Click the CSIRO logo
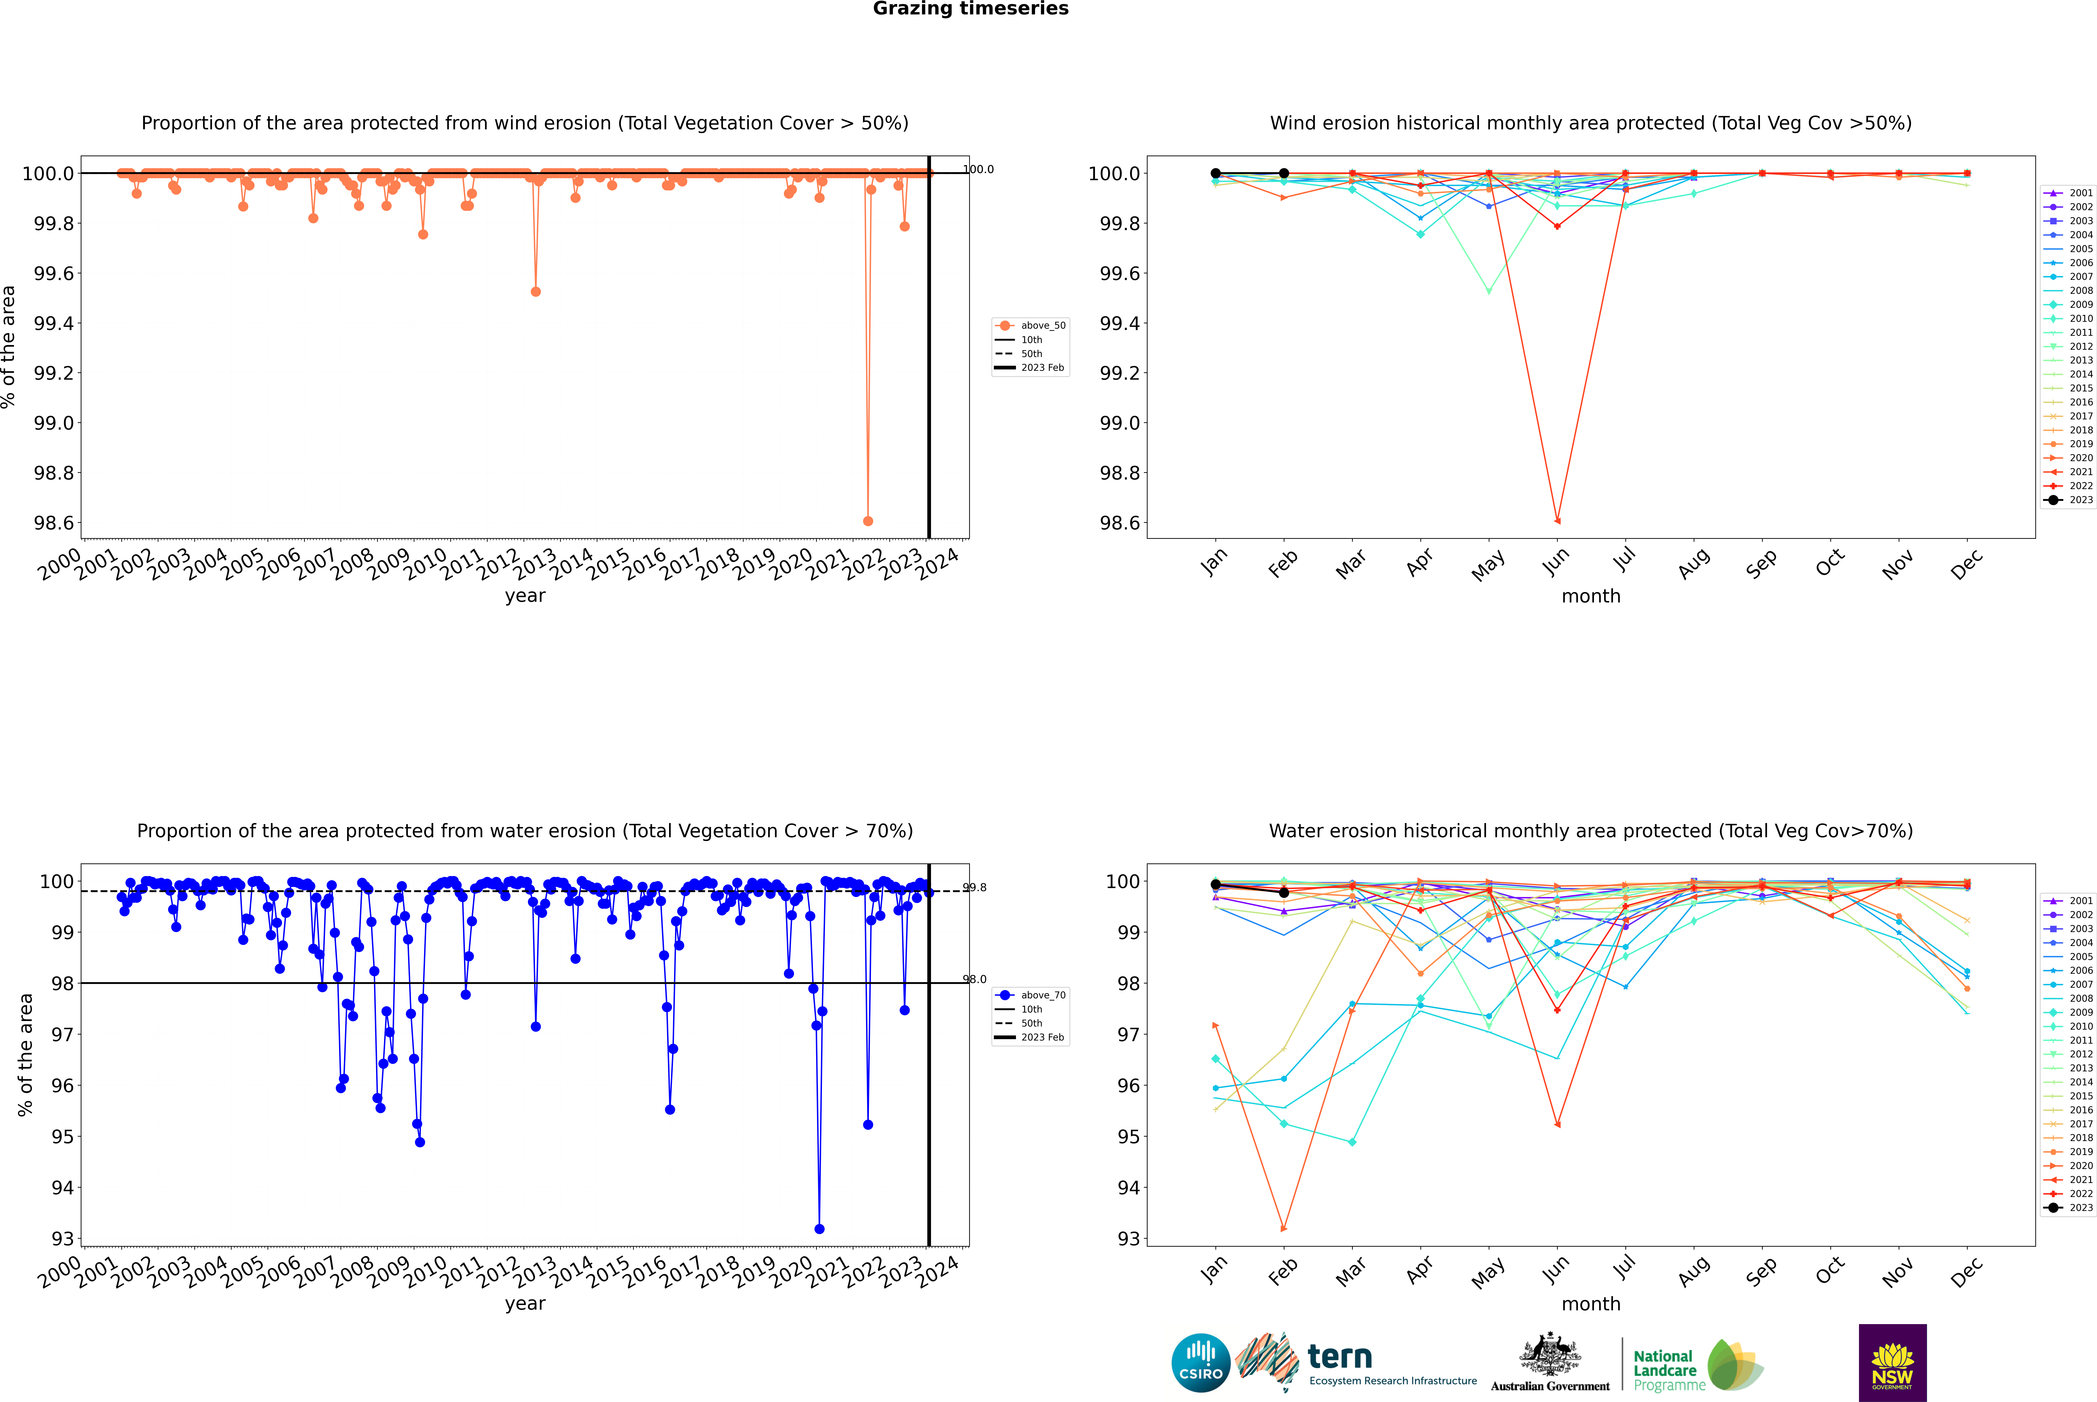click(x=1201, y=1363)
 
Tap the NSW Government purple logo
click(x=1892, y=1363)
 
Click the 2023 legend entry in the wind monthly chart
click(x=2068, y=500)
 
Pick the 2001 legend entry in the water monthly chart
click(x=2068, y=900)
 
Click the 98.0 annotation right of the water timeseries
click(x=974, y=979)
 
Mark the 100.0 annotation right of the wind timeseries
click(x=978, y=169)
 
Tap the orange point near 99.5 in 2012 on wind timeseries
click(x=536, y=292)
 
